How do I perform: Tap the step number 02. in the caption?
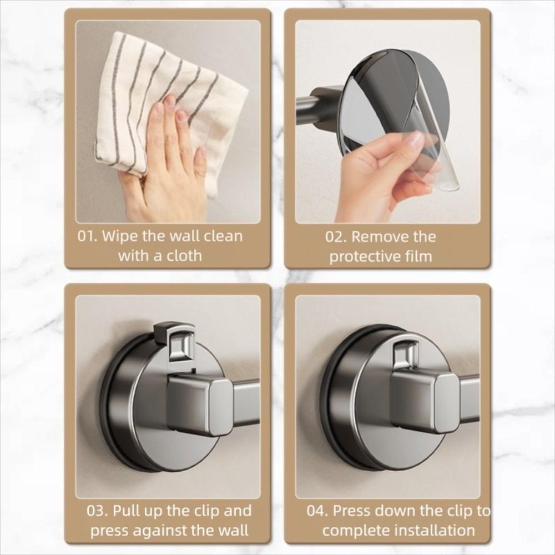[x=336, y=237]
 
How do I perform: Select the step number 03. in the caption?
[x=98, y=511]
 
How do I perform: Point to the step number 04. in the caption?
[x=317, y=511]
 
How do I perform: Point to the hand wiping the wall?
[x=167, y=167]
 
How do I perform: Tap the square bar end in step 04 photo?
[x=425, y=400]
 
